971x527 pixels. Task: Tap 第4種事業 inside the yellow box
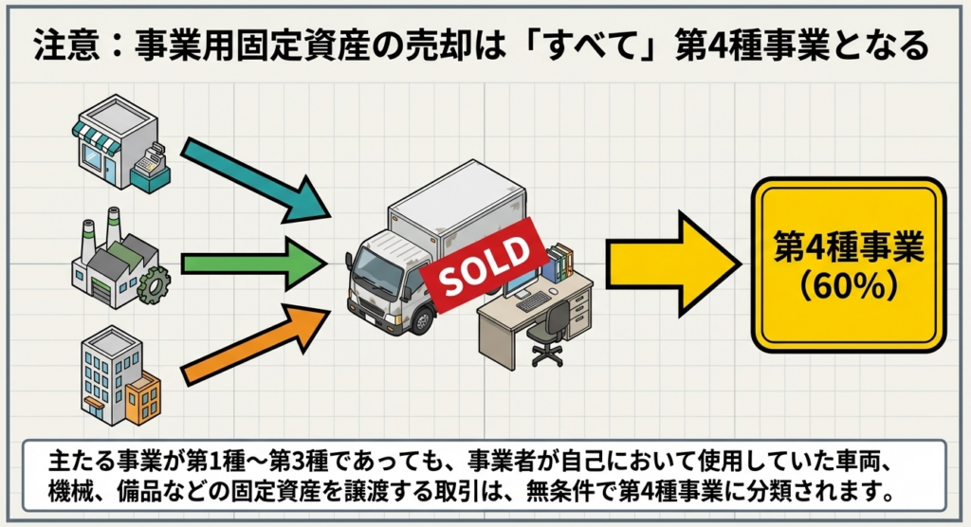click(x=848, y=247)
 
